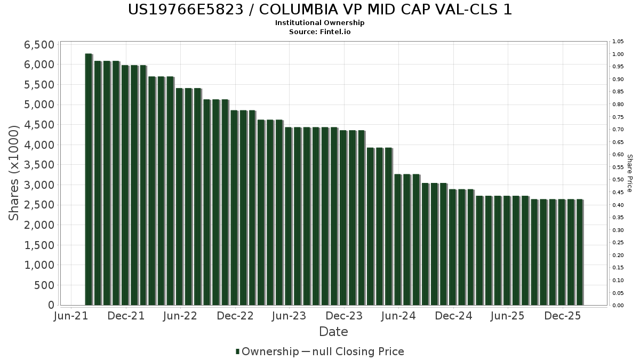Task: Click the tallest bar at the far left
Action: tap(89, 179)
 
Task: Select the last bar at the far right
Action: tap(580, 252)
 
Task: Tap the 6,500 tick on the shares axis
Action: tap(39, 45)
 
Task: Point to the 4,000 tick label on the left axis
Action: tap(39, 145)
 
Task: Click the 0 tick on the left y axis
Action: tap(51, 305)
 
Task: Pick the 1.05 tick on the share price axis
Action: tap(618, 42)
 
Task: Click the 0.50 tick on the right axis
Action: tap(618, 180)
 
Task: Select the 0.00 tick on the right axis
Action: tap(618, 306)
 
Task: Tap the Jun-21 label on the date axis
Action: tap(71, 316)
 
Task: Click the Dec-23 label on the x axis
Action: tap(344, 316)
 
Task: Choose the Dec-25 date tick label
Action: tap(563, 316)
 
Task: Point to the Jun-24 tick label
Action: tap(398, 316)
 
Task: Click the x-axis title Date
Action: tap(333, 332)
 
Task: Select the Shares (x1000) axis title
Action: tap(14, 173)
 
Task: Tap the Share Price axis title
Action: tap(629, 173)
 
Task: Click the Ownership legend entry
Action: tap(267, 351)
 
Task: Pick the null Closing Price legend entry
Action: tap(353, 351)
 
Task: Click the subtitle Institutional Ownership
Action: tap(319, 23)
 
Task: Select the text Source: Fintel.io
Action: tap(319, 31)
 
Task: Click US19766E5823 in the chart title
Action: tap(186, 10)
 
